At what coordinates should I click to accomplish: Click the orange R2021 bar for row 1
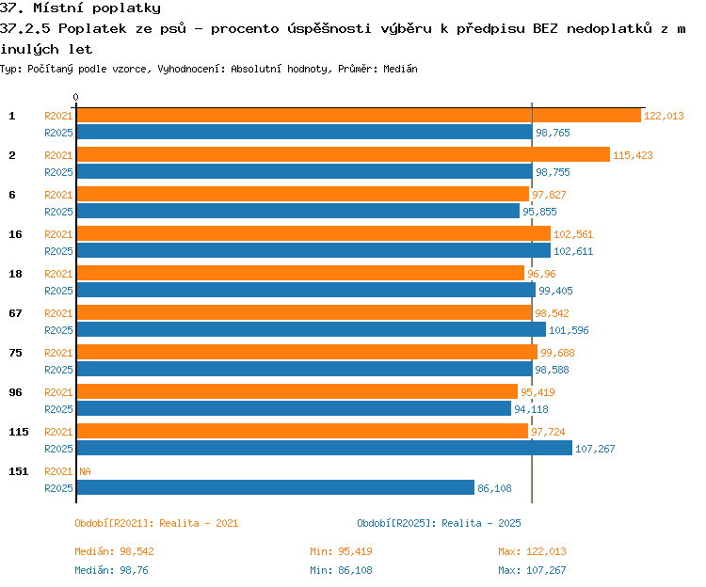pos(359,116)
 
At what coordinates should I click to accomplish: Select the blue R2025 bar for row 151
pos(276,487)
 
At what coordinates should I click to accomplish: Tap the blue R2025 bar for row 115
pos(325,448)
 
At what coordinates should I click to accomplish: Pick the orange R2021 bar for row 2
pos(344,154)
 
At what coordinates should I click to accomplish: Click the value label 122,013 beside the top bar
pos(664,116)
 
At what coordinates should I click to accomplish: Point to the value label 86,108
pos(494,488)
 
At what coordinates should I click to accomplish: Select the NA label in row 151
pos(85,471)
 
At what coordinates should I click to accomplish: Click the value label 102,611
pos(573,251)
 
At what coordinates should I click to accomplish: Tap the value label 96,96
pos(541,274)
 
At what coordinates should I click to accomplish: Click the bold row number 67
pos(15,313)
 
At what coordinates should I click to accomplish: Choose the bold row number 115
pos(19,432)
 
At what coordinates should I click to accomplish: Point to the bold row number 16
pos(15,234)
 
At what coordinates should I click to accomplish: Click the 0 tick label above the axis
pos(75,97)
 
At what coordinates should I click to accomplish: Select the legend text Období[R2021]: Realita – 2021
pos(156,523)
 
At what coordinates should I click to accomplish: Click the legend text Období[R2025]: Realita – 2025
pos(439,523)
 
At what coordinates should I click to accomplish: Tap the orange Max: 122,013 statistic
pos(532,551)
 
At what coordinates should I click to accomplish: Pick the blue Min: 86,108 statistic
pos(341,570)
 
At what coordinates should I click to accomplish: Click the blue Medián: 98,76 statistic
pos(111,570)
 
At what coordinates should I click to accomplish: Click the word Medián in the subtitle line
pos(400,69)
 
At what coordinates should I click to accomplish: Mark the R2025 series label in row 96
pos(58,409)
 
